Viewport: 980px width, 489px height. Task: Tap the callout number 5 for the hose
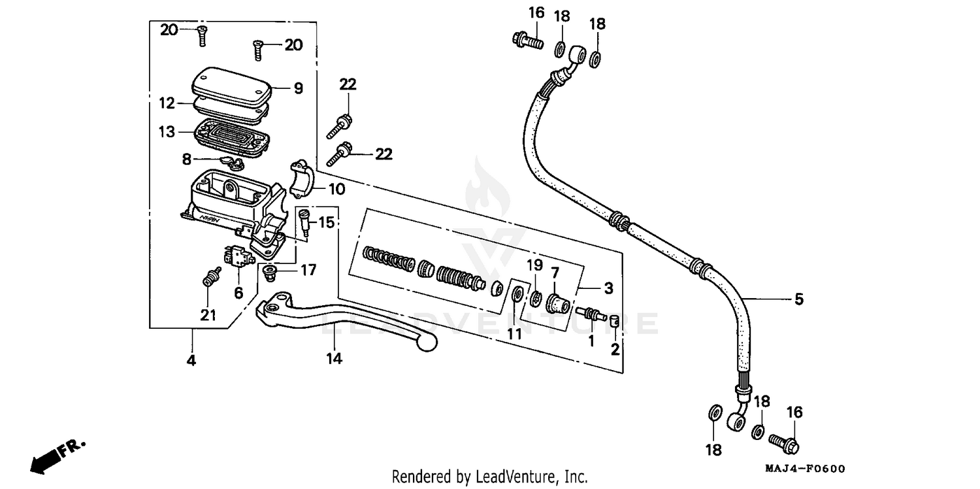798,299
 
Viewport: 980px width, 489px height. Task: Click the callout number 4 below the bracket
191,360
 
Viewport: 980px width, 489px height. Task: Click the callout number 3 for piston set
608,288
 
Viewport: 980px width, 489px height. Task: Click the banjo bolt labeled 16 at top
526,39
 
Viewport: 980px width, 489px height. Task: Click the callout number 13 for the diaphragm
167,132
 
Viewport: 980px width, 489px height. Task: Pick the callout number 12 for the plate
167,103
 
